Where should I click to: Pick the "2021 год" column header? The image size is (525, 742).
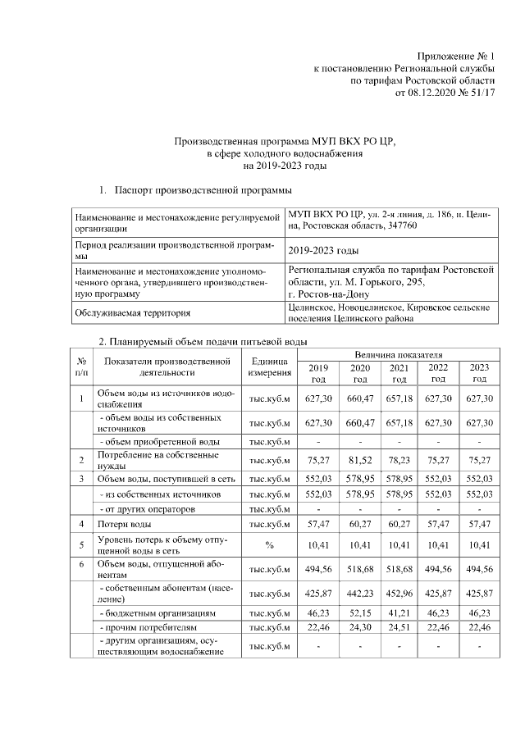(x=399, y=373)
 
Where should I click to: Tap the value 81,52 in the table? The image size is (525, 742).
(x=359, y=460)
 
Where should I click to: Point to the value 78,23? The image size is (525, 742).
(x=399, y=460)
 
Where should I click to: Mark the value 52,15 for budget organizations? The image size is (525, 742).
(x=359, y=612)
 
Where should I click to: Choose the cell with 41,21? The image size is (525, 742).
(x=399, y=612)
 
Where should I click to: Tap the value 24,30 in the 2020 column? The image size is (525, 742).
(x=359, y=628)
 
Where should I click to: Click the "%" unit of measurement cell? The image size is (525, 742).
(x=269, y=545)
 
